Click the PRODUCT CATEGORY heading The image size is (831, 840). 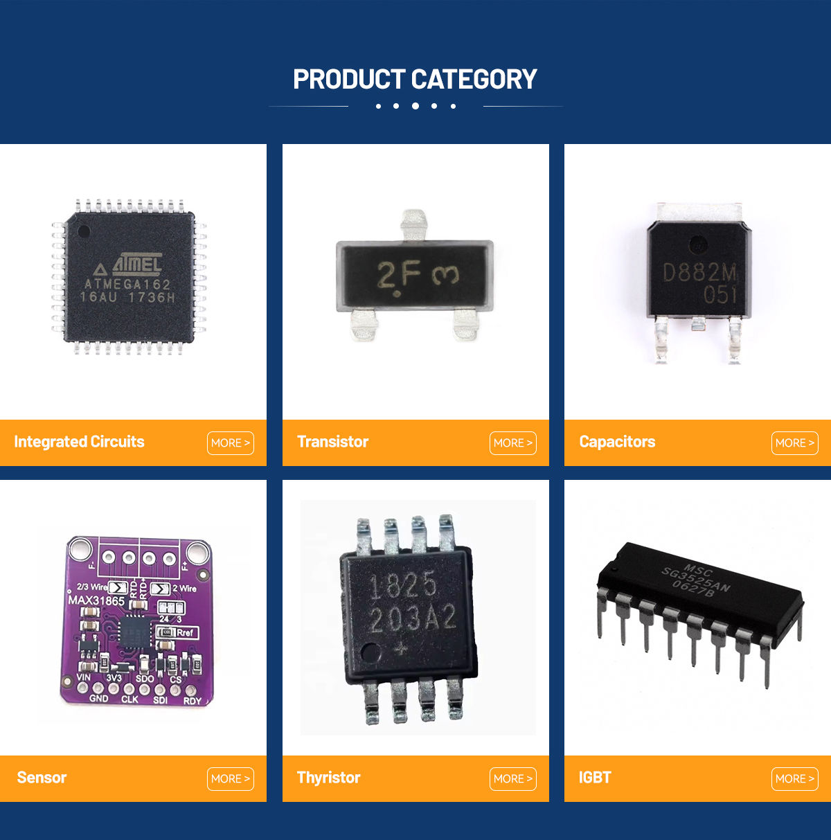click(x=415, y=80)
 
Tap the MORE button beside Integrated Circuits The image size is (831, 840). click(x=231, y=443)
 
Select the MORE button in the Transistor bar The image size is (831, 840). click(x=513, y=443)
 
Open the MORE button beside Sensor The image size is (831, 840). click(x=231, y=779)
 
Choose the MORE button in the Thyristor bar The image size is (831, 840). click(x=513, y=779)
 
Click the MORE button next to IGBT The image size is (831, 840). click(x=795, y=779)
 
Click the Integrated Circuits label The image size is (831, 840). click(x=79, y=442)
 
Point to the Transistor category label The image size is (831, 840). click(x=332, y=442)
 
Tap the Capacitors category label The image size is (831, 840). click(x=617, y=442)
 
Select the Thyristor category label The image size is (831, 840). click(x=328, y=778)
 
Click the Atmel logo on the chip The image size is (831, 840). click(x=136, y=264)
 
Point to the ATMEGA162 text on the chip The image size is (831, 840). click(x=127, y=284)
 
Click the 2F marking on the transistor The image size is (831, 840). click(x=399, y=276)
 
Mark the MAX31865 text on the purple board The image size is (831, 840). click(x=96, y=600)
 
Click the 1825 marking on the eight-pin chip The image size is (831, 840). click(x=403, y=587)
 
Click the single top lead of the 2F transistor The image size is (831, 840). click(x=413, y=224)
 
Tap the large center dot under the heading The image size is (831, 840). click(x=415, y=106)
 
